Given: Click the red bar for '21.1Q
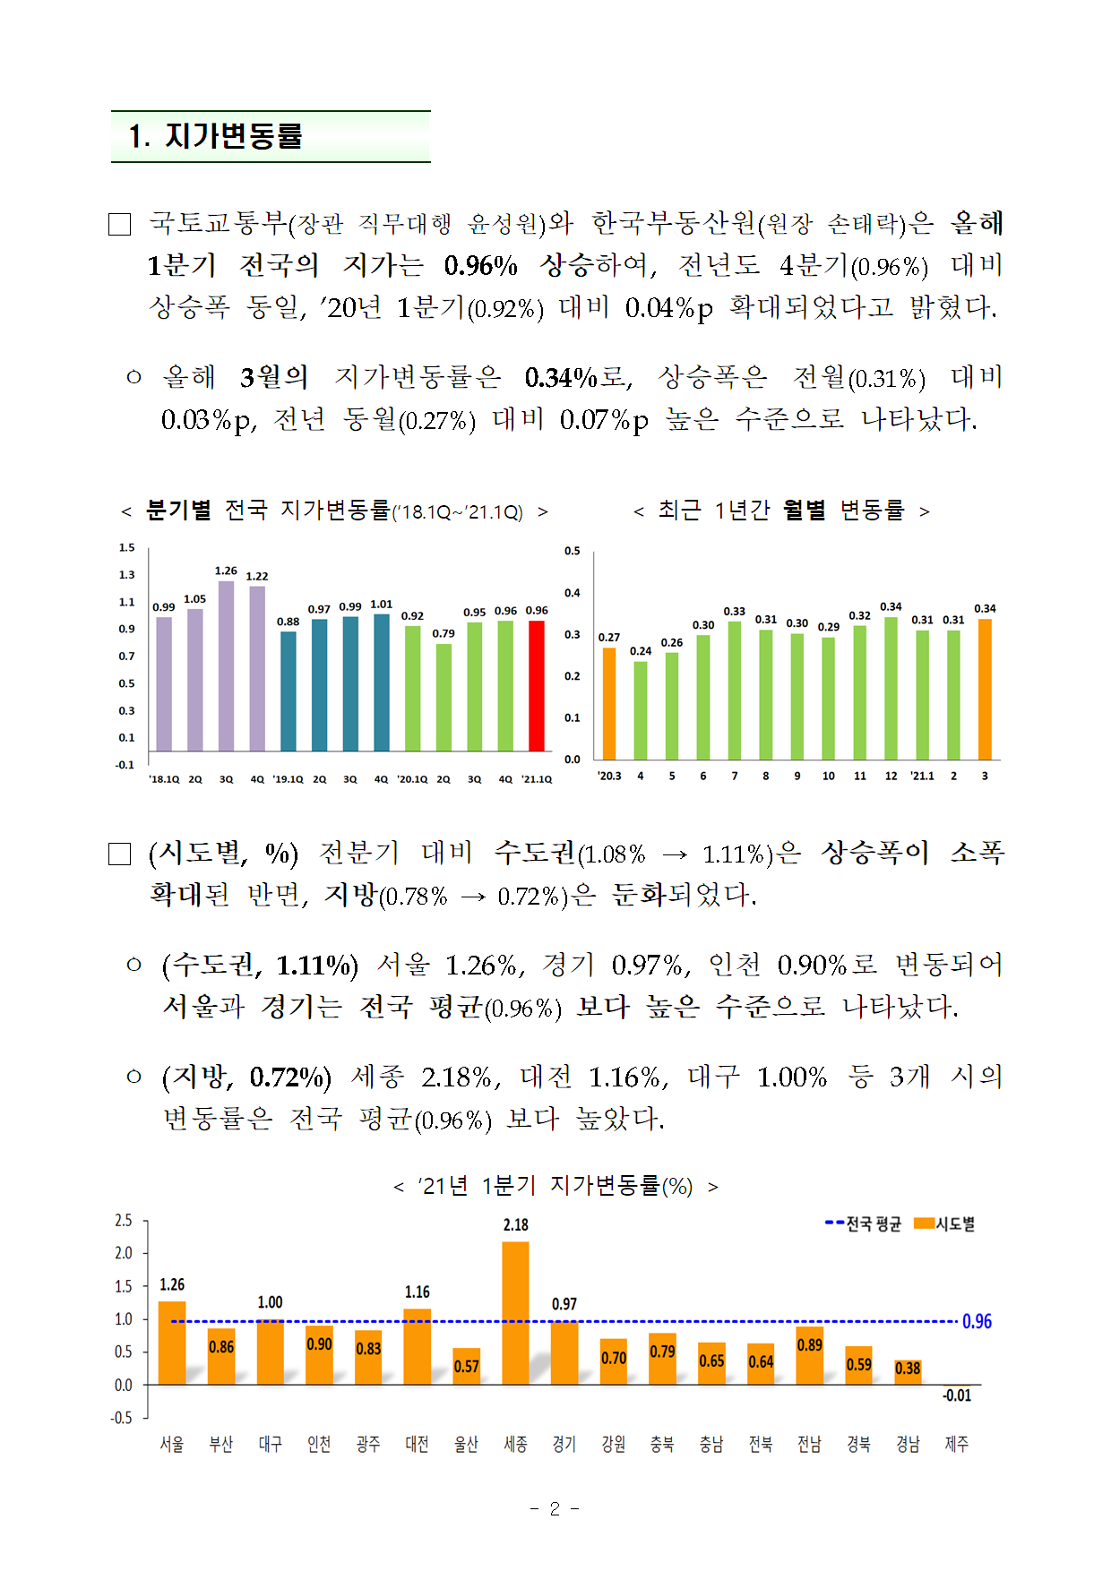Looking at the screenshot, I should pyautogui.click(x=537, y=685).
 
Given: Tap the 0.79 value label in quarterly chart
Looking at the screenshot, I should pyautogui.click(x=444, y=633).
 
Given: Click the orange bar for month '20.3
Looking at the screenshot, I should pyautogui.click(x=609, y=703).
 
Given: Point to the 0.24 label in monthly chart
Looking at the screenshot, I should pyautogui.click(x=641, y=651).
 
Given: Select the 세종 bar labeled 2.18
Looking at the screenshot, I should pyautogui.click(x=515, y=1312).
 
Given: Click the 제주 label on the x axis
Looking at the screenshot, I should pyautogui.click(x=956, y=1444).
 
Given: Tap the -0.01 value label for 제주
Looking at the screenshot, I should pyautogui.click(x=956, y=1395).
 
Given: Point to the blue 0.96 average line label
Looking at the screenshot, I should pyautogui.click(x=977, y=1321).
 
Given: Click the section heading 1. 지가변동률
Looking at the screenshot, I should pyautogui.click(x=216, y=136).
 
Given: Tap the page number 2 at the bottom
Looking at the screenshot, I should pyautogui.click(x=555, y=1509).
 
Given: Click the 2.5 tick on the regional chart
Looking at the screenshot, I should pyautogui.click(x=124, y=1221).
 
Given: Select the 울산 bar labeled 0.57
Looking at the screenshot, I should pyautogui.click(x=466, y=1366).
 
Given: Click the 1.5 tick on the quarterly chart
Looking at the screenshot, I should pyautogui.click(x=127, y=547).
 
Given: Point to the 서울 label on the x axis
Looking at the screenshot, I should pyautogui.click(x=172, y=1444).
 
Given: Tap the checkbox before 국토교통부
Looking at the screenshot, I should pyautogui.click(x=120, y=224).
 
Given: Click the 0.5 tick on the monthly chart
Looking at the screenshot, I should pyautogui.click(x=573, y=551).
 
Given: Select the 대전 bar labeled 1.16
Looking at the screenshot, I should pyautogui.click(x=418, y=1346).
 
